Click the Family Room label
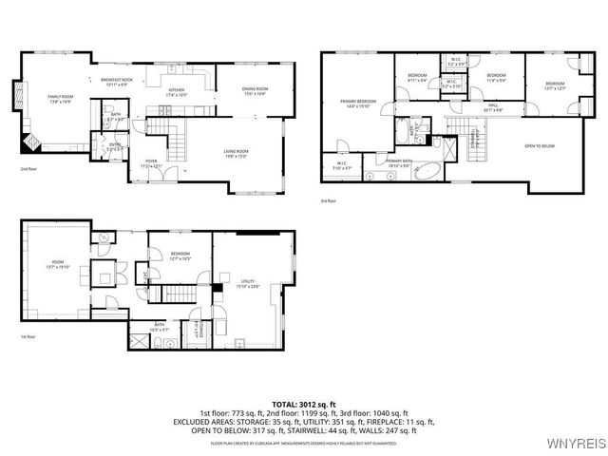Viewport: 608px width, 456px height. click(60, 97)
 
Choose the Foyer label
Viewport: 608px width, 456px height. click(152, 162)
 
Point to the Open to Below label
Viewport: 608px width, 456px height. click(539, 145)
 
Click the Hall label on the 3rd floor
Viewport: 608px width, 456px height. click(494, 108)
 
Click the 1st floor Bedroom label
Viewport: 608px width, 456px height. click(180, 256)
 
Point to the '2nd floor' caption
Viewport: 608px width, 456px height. click(28, 169)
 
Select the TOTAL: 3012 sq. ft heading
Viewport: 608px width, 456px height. click(303, 404)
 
